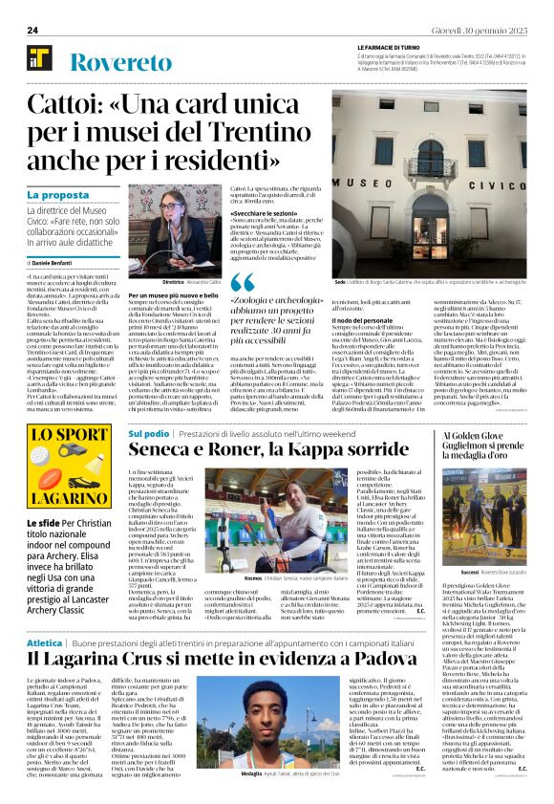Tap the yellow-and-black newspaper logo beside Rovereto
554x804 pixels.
(40, 60)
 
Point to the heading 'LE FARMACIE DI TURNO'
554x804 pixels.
(390, 47)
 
